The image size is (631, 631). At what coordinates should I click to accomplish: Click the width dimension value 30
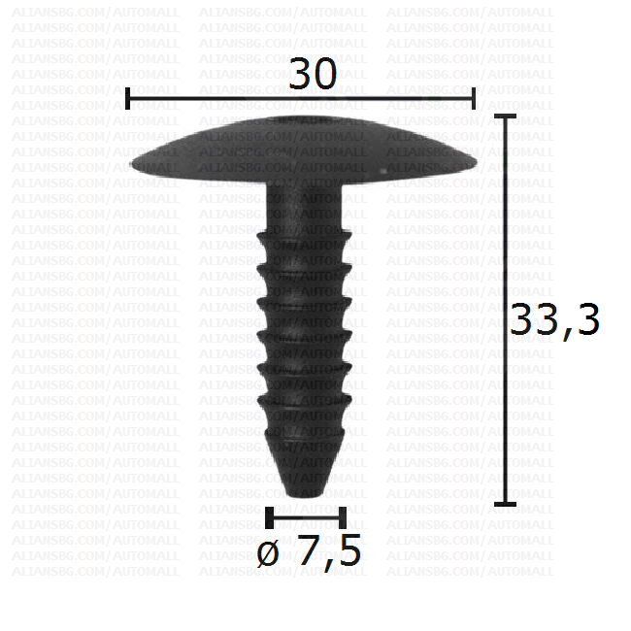313,74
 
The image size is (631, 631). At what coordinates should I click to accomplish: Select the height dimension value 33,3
555,320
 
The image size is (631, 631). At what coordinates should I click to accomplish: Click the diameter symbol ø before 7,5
268,553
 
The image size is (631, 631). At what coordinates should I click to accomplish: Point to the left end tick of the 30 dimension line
127,98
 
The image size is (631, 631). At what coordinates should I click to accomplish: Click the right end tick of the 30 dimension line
474,98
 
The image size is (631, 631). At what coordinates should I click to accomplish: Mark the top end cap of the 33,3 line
505,116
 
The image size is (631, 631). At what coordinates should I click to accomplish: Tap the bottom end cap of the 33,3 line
505,504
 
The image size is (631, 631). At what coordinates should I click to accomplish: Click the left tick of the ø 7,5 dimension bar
270,517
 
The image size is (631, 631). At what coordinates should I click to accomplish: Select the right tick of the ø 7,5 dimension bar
343,517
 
